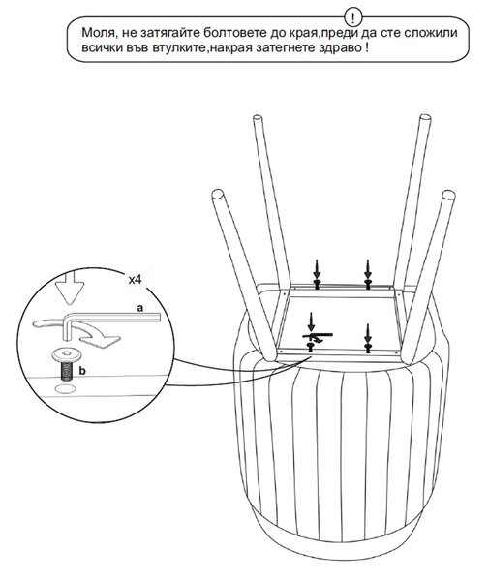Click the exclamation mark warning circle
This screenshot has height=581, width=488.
[353, 17]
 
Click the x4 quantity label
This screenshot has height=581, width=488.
[135, 280]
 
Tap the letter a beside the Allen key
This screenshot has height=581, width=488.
[139, 308]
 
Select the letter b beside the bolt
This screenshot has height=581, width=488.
[82, 371]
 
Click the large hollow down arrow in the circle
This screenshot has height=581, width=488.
[70, 288]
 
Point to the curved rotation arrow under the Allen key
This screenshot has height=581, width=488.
[98, 335]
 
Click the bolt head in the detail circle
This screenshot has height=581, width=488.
[67, 355]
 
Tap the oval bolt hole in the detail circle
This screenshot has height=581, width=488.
[65, 389]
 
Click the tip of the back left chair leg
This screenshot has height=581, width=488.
[258, 120]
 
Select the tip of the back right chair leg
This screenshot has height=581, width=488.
[425, 119]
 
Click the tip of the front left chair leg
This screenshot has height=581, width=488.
[217, 195]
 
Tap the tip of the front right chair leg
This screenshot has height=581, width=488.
[448, 196]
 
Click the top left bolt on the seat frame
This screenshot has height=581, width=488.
[317, 284]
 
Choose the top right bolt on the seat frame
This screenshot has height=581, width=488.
[368, 284]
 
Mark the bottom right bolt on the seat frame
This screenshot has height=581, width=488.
[368, 349]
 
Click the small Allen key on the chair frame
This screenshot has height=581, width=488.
[318, 335]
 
